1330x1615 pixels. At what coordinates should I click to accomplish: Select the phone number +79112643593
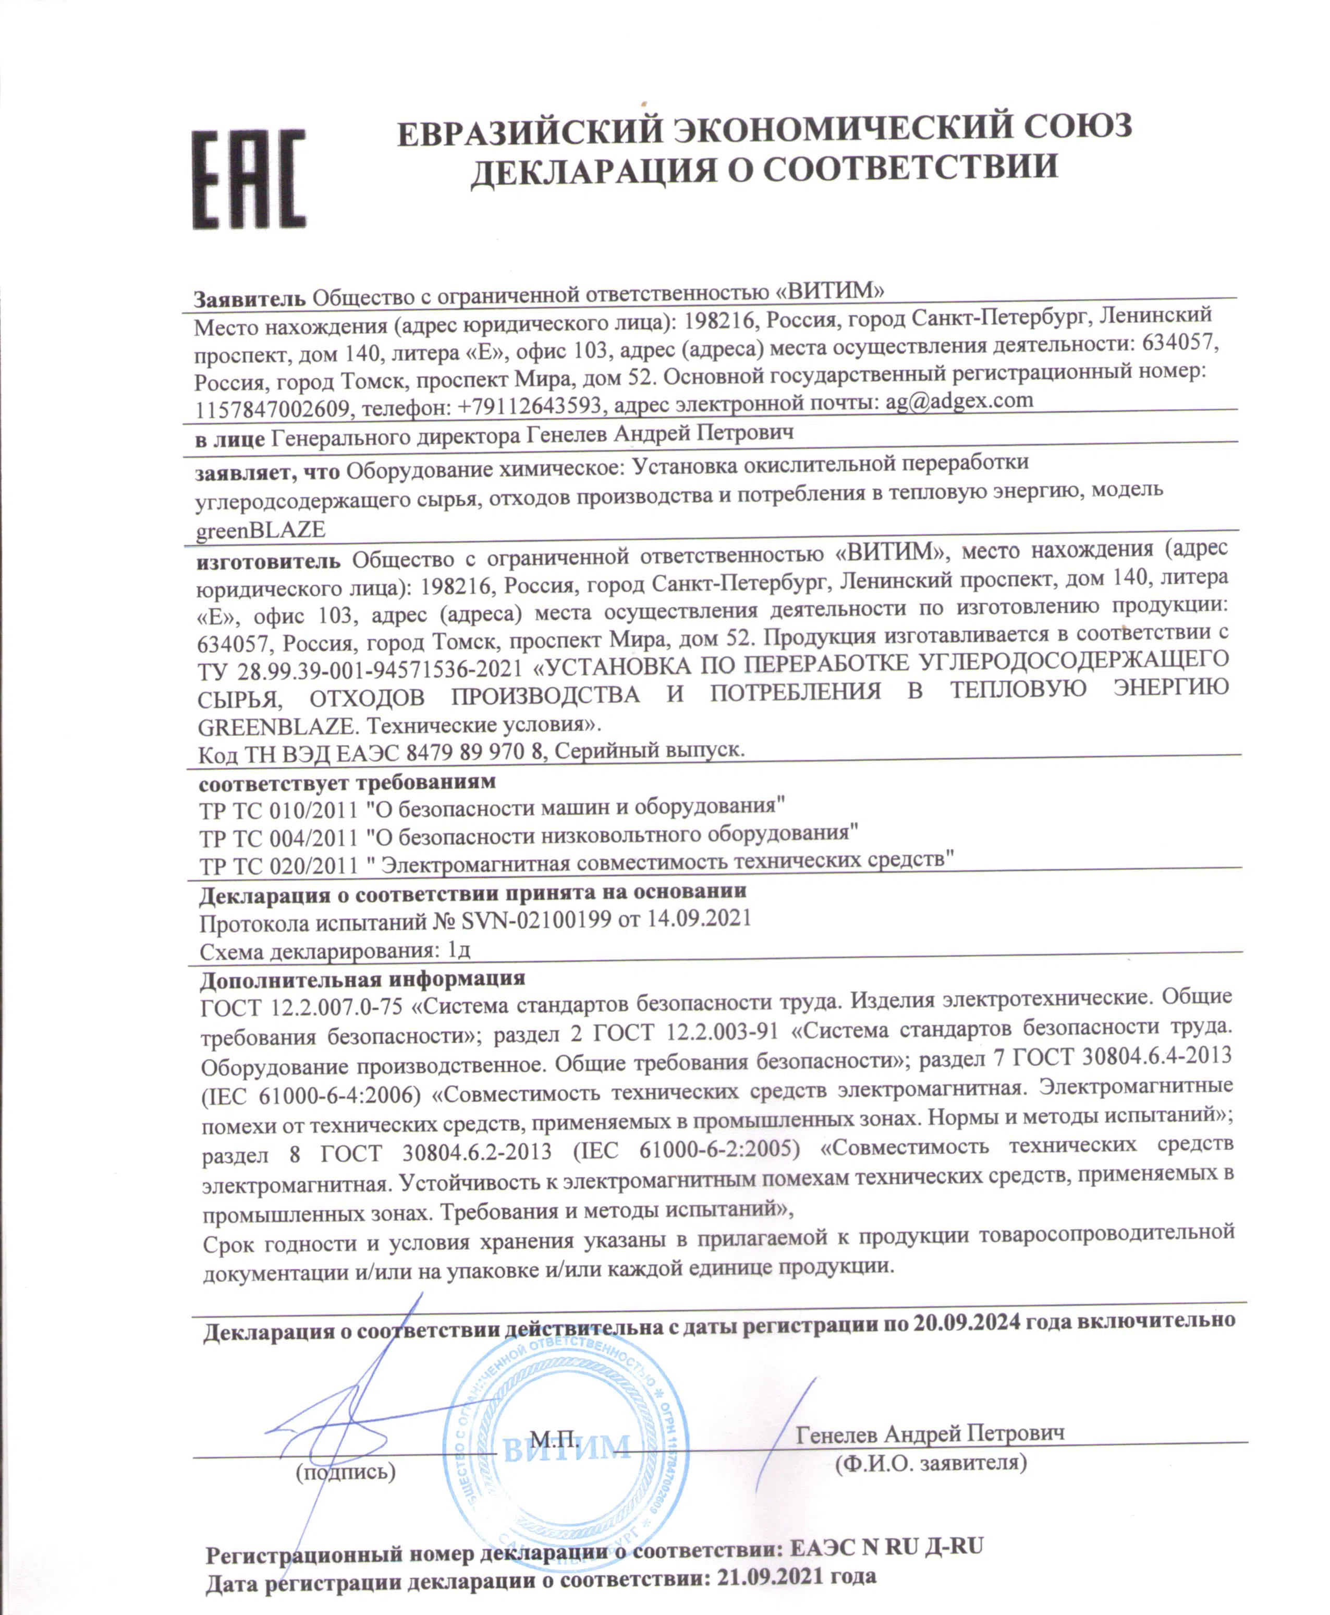click(x=530, y=405)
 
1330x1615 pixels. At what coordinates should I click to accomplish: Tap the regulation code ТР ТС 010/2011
click(x=278, y=810)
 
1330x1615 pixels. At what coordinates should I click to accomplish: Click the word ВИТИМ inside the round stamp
click(x=567, y=1447)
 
